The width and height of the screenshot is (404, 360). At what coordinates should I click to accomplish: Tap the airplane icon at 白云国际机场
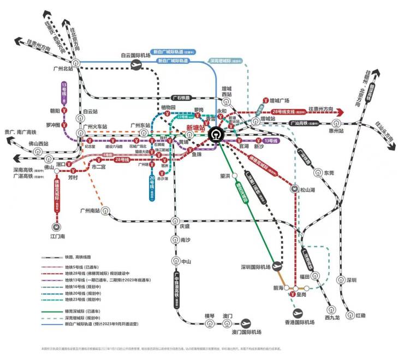click(136, 64)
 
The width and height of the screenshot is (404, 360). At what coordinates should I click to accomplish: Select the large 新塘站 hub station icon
click(217, 134)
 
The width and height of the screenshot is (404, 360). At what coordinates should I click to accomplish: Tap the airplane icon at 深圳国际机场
click(277, 266)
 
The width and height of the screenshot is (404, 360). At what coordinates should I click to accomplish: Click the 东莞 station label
click(329, 172)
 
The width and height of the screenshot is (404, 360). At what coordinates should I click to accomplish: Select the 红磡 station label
click(360, 316)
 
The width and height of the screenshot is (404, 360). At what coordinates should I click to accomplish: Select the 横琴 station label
click(210, 316)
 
